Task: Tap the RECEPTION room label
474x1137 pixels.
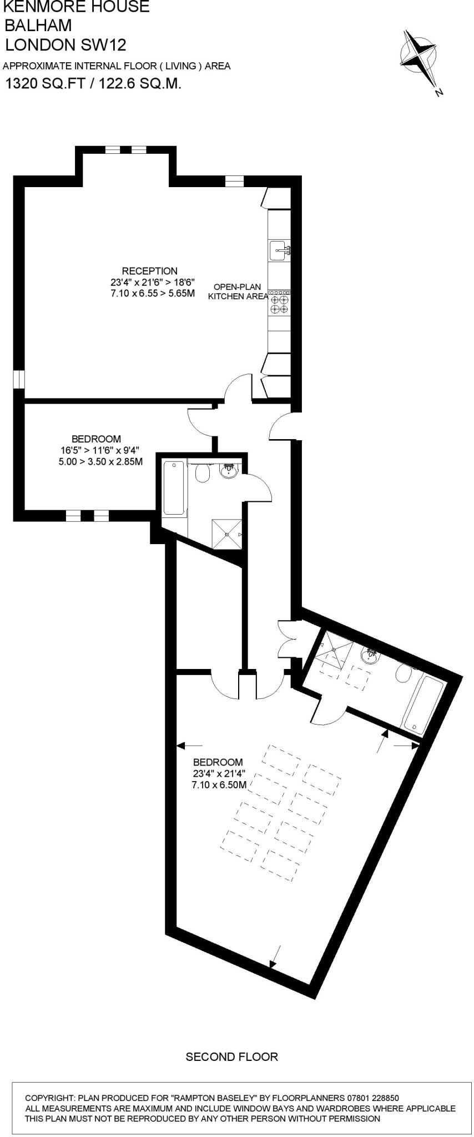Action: point(150,271)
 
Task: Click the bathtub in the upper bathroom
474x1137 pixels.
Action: point(175,488)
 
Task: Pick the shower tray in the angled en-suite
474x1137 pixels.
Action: point(332,650)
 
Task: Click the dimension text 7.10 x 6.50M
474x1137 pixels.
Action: point(218,785)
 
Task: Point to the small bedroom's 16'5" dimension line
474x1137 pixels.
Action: point(100,450)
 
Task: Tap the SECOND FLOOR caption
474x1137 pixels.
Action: point(231,1056)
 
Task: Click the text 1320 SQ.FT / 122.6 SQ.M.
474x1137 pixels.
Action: point(93,84)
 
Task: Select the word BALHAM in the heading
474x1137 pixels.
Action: point(38,26)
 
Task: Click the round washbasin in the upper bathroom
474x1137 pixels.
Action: point(229,471)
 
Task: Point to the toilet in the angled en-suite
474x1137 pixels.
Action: point(404,674)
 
